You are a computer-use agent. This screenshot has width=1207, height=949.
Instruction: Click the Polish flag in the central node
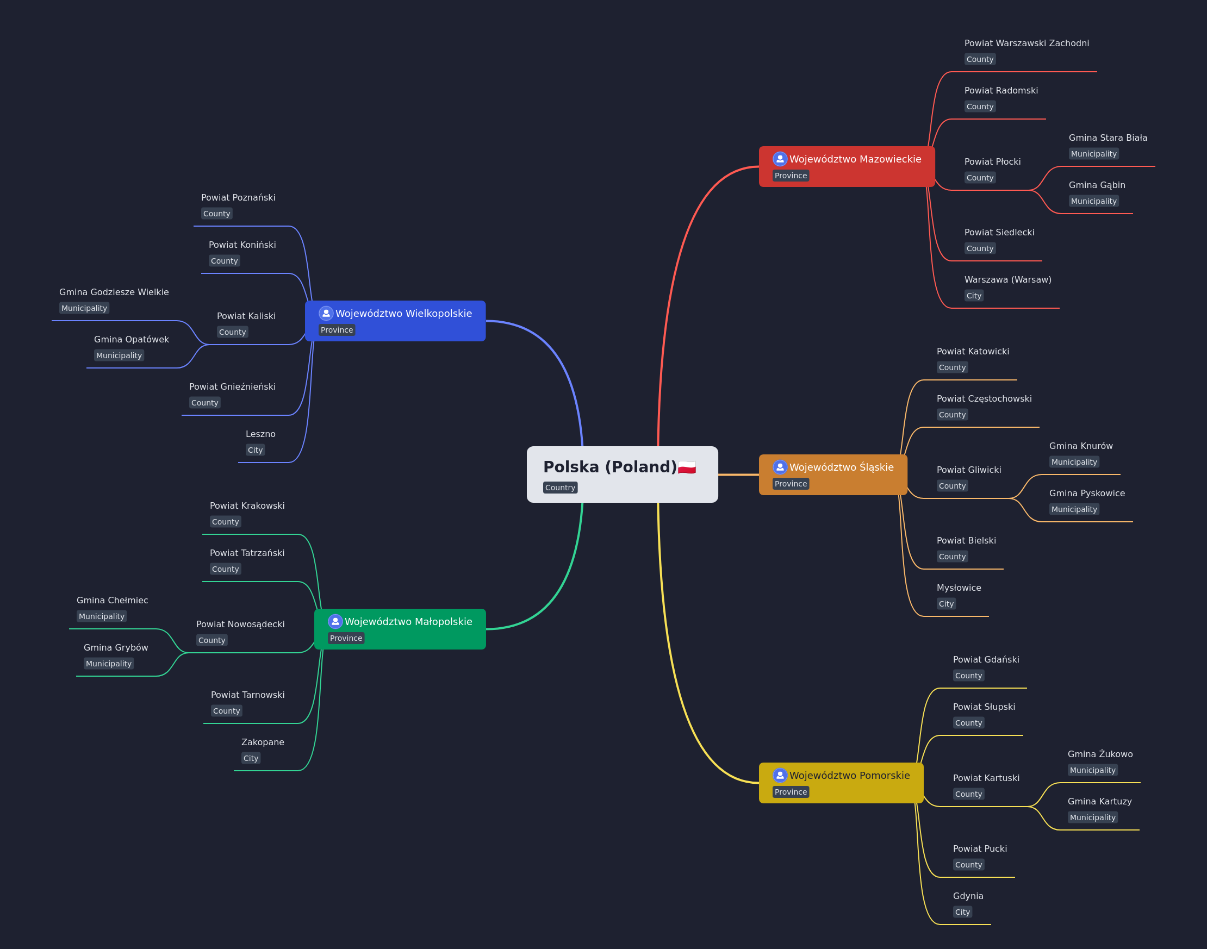coord(687,467)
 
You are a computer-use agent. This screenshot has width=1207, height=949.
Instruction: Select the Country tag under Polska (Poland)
coord(560,488)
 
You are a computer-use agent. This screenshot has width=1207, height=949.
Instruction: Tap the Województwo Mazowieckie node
coord(847,167)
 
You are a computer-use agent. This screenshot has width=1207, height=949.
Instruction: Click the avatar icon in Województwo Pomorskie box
coord(780,775)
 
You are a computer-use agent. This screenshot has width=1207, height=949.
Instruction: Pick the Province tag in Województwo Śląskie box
coord(791,484)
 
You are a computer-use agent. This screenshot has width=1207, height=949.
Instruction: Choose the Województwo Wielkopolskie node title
coord(404,314)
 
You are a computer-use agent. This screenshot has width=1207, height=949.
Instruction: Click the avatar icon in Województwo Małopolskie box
coord(335,621)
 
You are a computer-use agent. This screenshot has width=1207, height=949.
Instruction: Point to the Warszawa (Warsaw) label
coord(1008,279)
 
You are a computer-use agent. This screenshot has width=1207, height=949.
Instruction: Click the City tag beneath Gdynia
coord(962,912)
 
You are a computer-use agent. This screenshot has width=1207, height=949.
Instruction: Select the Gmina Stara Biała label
coord(1108,138)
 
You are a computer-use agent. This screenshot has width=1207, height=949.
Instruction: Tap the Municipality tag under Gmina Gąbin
coord(1093,201)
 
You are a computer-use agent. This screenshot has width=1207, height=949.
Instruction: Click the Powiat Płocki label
coord(992,161)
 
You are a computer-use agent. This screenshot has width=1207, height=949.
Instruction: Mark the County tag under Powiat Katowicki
coord(953,367)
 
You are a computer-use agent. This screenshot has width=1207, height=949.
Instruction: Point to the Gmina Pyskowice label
coord(1087,494)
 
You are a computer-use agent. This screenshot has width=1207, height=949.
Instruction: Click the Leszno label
coord(260,434)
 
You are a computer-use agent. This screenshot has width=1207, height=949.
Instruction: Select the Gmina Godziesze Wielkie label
coord(114,292)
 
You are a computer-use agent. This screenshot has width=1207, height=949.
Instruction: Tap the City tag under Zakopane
coord(251,758)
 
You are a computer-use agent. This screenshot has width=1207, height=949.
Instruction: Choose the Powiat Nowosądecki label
coord(241,625)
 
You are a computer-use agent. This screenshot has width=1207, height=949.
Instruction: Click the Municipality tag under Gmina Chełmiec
coord(102,616)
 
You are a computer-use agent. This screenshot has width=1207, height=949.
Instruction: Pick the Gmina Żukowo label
coord(1100,754)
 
